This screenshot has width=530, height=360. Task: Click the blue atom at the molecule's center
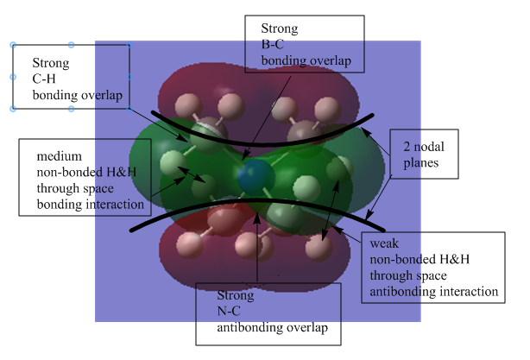pos(256,177)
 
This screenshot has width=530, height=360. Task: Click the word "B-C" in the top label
pos(272,44)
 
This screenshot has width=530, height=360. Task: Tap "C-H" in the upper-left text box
pos(44,79)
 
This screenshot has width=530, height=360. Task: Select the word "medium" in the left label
pos(60,156)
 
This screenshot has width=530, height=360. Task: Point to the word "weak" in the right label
pos(384,243)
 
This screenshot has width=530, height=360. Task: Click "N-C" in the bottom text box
pos(229,311)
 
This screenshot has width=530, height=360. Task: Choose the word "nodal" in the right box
pos(429,147)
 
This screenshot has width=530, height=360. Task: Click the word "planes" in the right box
pos(421,163)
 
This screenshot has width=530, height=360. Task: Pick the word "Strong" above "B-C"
pos(280,28)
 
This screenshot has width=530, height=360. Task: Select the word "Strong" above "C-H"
pos(51,63)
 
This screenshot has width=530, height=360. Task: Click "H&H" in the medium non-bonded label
pos(121,173)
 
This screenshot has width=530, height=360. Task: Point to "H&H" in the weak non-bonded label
pos(454,259)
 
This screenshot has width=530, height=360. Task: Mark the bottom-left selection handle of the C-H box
pos(13,109)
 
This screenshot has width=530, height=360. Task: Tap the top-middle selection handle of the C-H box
pos(71,45)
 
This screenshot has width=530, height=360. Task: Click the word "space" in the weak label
pos(432,276)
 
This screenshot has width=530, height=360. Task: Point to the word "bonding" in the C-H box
pos(53,95)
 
